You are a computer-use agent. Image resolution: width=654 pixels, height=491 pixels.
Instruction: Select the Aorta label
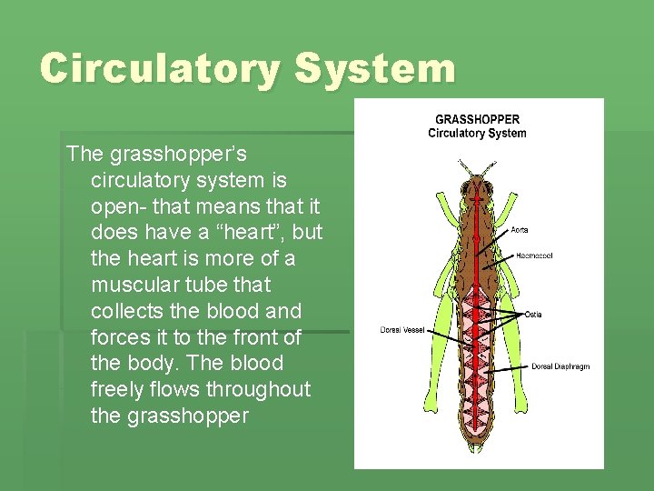[x=520, y=230]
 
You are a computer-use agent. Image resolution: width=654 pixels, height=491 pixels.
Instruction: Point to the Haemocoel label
[x=534, y=256]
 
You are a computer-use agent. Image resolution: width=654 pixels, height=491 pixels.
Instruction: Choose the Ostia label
[x=533, y=315]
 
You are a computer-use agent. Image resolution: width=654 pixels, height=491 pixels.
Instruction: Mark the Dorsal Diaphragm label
[x=560, y=366]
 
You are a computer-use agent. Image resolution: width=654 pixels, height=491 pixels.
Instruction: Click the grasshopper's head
[x=478, y=185]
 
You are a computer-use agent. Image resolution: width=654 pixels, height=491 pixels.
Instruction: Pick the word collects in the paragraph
[x=127, y=311]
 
